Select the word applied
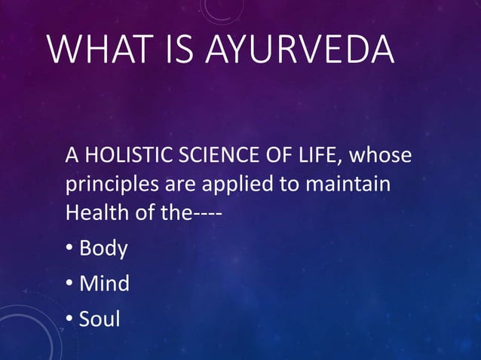tap(231, 185)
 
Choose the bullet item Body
tap(103, 249)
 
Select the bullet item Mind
tap(104, 284)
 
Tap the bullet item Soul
tap(100, 319)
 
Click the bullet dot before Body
tap(69, 249)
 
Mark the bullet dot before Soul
tap(69, 320)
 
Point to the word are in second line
tap(174, 185)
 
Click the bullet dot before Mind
tap(69, 285)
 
